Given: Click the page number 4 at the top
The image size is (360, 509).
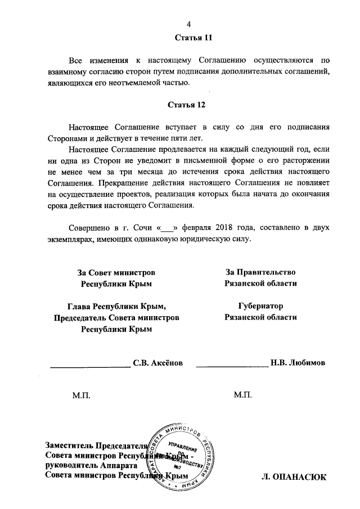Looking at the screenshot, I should [x=189, y=23].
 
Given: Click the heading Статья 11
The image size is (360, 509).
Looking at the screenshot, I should [x=189, y=37].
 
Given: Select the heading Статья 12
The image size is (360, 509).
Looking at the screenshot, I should [x=189, y=105].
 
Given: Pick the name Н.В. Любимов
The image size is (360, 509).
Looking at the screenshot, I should [x=298, y=363].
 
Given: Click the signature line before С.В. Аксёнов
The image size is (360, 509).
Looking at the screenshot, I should [x=90, y=366].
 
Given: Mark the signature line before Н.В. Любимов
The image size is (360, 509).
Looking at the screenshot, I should [x=231, y=366].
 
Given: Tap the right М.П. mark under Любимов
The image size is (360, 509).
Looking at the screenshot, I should [x=244, y=396].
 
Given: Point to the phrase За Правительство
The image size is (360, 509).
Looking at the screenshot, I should [x=260, y=272].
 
